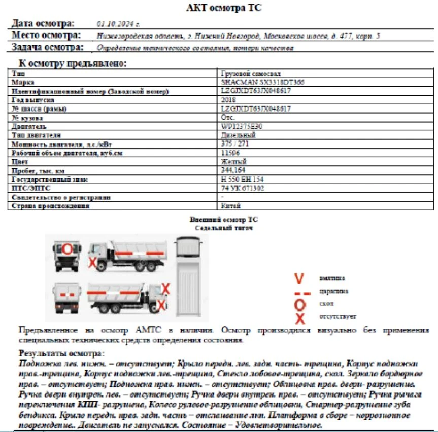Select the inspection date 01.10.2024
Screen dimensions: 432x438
point(118,24)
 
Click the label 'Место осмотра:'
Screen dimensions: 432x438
point(46,35)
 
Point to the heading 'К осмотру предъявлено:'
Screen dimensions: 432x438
point(73,64)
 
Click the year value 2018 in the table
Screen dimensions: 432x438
point(228,100)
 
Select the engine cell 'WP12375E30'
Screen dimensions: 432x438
point(242,126)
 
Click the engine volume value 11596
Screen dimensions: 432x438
point(230,153)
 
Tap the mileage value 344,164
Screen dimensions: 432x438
point(233,170)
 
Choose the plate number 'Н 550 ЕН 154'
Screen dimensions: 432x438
point(242,179)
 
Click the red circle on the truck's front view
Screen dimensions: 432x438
point(67,249)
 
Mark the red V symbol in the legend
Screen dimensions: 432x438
point(299,279)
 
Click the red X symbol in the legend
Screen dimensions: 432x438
point(300,318)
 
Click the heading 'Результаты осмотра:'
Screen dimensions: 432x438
point(61,353)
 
